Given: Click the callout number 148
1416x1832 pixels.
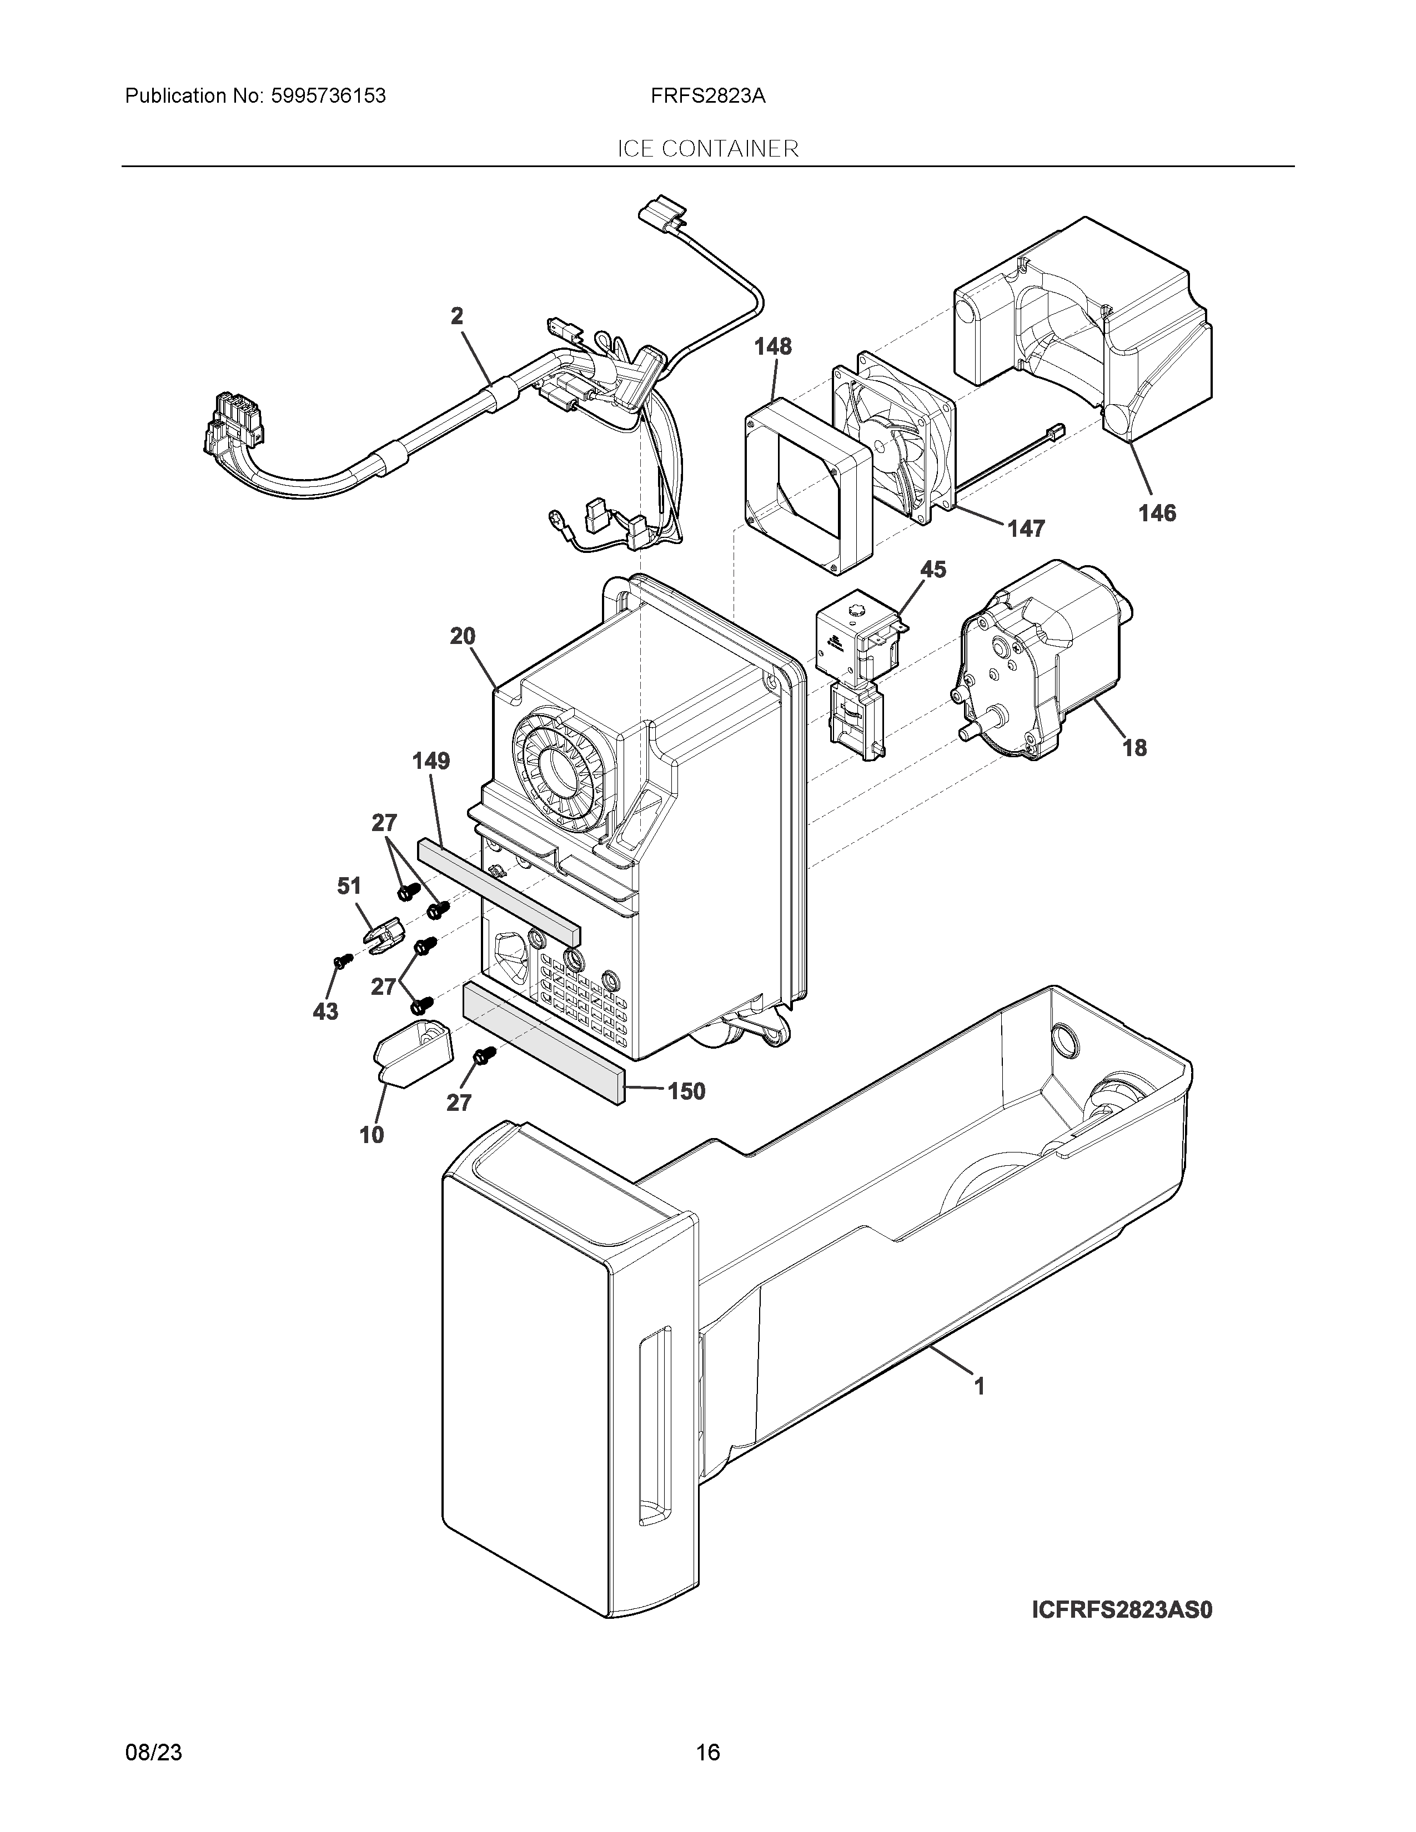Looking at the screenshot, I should pyautogui.click(x=772, y=346).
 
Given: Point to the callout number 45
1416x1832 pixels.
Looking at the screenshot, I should pyautogui.click(x=933, y=570).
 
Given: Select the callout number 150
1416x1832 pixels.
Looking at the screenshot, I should pyautogui.click(x=686, y=1091).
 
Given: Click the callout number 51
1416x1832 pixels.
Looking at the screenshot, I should pyautogui.click(x=349, y=886).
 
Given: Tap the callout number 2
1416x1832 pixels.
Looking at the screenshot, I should pyautogui.click(x=457, y=316).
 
